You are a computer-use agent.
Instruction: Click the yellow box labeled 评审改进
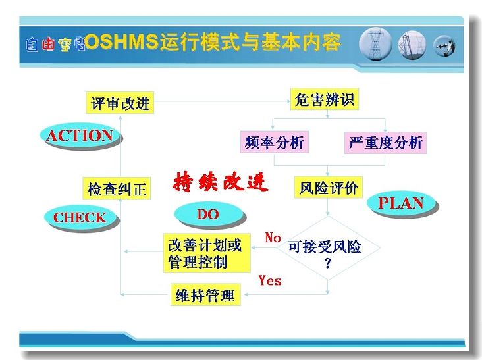click(x=120, y=103)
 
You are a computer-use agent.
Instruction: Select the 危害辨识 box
click(x=325, y=99)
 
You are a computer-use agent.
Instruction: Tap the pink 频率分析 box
click(x=275, y=142)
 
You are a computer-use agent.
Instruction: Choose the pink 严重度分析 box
click(x=385, y=143)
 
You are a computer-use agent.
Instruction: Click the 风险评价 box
click(x=329, y=187)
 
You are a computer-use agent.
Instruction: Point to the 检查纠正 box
click(x=117, y=188)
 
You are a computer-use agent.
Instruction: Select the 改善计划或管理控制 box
click(x=207, y=253)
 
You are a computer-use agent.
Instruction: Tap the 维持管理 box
click(x=205, y=295)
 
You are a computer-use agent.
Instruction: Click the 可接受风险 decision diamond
click(x=329, y=247)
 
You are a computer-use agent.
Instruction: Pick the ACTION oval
click(x=80, y=136)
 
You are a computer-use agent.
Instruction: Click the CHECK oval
click(x=80, y=217)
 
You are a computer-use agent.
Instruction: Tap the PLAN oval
click(x=402, y=203)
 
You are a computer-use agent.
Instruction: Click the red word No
click(x=273, y=238)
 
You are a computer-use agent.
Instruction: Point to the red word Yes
click(x=270, y=280)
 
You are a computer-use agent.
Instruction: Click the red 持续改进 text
click(x=221, y=182)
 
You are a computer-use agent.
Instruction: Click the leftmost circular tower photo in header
click(x=375, y=44)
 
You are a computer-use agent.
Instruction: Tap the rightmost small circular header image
click(x=444, y=46)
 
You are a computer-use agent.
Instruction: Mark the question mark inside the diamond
click(x=328, y=263)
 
